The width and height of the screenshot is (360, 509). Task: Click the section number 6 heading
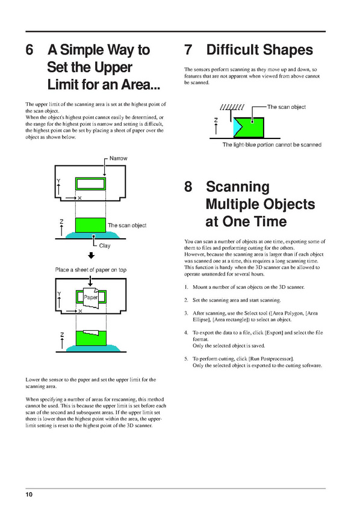click(x=29, y=50)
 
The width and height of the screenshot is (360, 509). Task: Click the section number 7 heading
click(x=188, y=50)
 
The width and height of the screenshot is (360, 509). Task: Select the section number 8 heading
click(x=188, y=187)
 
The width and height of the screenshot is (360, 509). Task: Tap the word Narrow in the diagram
click(x=118, y=158)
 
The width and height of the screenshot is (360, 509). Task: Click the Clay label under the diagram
click(x=105, y=245)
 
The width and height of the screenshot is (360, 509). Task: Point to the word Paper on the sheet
click(x=91, y=297)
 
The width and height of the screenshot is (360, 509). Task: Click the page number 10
click(x=29, y=495)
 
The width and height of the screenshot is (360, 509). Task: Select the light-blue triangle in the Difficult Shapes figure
click(x=237, y=128)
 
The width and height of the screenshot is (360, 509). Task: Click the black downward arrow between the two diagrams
click(x=92, y=256)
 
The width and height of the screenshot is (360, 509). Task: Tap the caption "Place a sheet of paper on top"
click(x=91, y=270)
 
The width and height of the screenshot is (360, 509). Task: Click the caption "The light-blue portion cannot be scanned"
click(x=272, y=145)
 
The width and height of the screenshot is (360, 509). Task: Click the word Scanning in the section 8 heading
click(x=238, y=187)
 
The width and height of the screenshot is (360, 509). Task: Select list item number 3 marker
click(x=186, y=313)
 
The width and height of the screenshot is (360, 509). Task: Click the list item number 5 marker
click(x=186, y=359)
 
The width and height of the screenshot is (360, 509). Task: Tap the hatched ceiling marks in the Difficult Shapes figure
click(x=232, y=107)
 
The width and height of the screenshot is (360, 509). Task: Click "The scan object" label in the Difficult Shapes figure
click(x=286, y=107)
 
